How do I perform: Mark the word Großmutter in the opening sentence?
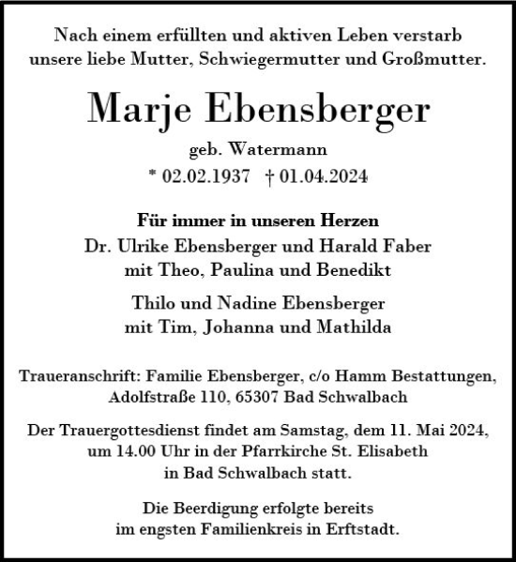click(x=436, y=59)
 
